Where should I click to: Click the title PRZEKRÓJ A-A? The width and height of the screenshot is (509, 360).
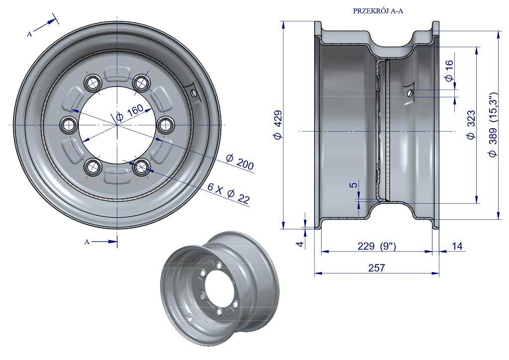[378, 11]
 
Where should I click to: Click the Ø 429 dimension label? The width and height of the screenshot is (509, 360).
[278, 125]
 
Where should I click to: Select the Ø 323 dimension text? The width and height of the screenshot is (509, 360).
[471, 125]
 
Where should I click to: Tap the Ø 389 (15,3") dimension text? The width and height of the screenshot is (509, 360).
[493, 125]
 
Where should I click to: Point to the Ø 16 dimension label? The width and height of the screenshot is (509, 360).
[449, 71]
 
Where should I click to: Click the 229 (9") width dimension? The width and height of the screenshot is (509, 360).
[377, 247]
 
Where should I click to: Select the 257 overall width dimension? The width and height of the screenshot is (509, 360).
[377, 268]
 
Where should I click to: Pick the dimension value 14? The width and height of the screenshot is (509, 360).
[457, 247]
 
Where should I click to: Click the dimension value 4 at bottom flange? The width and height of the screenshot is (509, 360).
[301, 244]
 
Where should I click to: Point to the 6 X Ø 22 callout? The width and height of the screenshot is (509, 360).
[229, 193]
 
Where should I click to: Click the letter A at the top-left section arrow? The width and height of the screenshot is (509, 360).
[29, 34]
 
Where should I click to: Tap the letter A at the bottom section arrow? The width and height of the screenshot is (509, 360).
[86, 242]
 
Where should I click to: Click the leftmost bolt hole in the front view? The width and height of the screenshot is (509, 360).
[69, 125]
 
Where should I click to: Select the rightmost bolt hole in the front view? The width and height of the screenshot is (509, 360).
[166, 125]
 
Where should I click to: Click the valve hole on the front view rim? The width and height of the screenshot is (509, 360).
[194, 93]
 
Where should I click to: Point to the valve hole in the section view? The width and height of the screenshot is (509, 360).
[410, 93]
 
